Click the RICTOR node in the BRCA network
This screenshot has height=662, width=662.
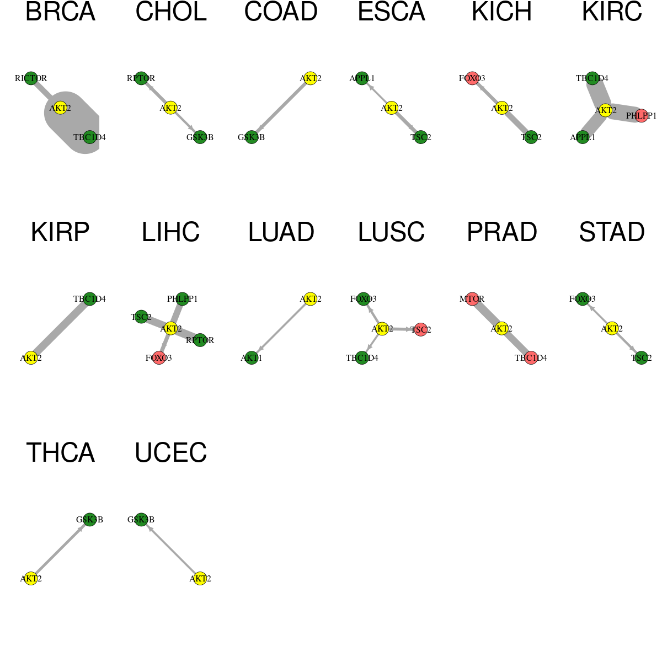click(x=31, y=78)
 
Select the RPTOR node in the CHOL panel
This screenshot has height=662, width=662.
click(x=141, y=78)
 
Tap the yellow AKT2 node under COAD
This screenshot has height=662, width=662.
click(x=311, y=78)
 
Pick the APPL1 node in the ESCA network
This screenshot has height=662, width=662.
click(x=362, y=78)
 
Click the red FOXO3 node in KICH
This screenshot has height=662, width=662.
click(x=472, y=78)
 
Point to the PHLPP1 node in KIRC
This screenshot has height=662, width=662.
click(x=642, y=116)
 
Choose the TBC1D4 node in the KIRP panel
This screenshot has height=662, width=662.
click(x=90, y=299)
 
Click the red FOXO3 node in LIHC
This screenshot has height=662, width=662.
click(x=159, y=358)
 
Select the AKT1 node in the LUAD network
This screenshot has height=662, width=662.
click(x=252, y=358)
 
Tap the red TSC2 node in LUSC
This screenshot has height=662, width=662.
click(x=421, y=330)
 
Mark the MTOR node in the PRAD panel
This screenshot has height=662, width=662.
click(x=472, y=299)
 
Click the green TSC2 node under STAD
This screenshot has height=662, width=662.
click(x=642, y=358)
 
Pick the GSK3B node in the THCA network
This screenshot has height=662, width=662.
click(x=90, y=520)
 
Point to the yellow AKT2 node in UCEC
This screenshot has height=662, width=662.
click(x=200, y=579)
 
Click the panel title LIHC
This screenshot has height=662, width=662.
click(x=170, y=232)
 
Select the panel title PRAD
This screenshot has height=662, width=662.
click(x=502, y=232)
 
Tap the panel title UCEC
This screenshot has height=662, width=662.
click(x=170, y=452)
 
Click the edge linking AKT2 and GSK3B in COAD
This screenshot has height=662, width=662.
click(x=281, y=108)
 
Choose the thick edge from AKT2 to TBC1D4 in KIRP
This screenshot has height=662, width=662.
click(x=60, y=328)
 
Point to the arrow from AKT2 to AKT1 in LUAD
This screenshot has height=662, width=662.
click(x=281, y=328)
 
